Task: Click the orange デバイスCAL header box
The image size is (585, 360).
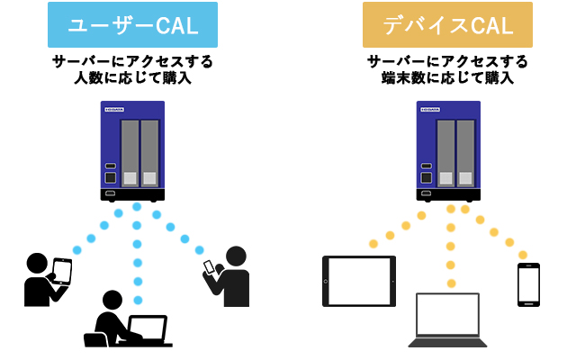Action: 447,25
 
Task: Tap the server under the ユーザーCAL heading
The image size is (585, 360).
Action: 132,150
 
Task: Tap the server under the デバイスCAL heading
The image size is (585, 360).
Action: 447,150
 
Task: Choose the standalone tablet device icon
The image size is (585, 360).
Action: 358,281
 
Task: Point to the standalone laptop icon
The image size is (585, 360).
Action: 447,319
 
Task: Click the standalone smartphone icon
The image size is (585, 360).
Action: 528,284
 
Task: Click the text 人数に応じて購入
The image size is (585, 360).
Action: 132,78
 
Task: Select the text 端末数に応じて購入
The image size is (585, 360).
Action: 447,78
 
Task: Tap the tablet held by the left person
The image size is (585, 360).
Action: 61,271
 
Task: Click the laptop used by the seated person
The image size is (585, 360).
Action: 148,328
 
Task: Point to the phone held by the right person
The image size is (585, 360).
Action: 211,267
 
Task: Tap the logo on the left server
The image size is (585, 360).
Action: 114,110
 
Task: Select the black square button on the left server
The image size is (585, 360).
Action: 111,177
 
